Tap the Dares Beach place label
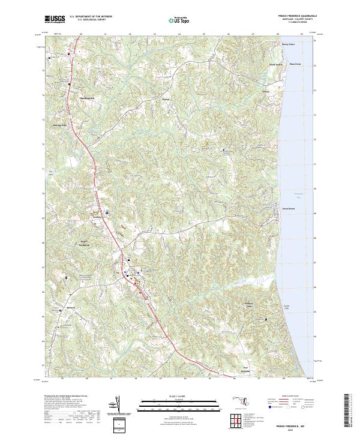click(x=289, y=209)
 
